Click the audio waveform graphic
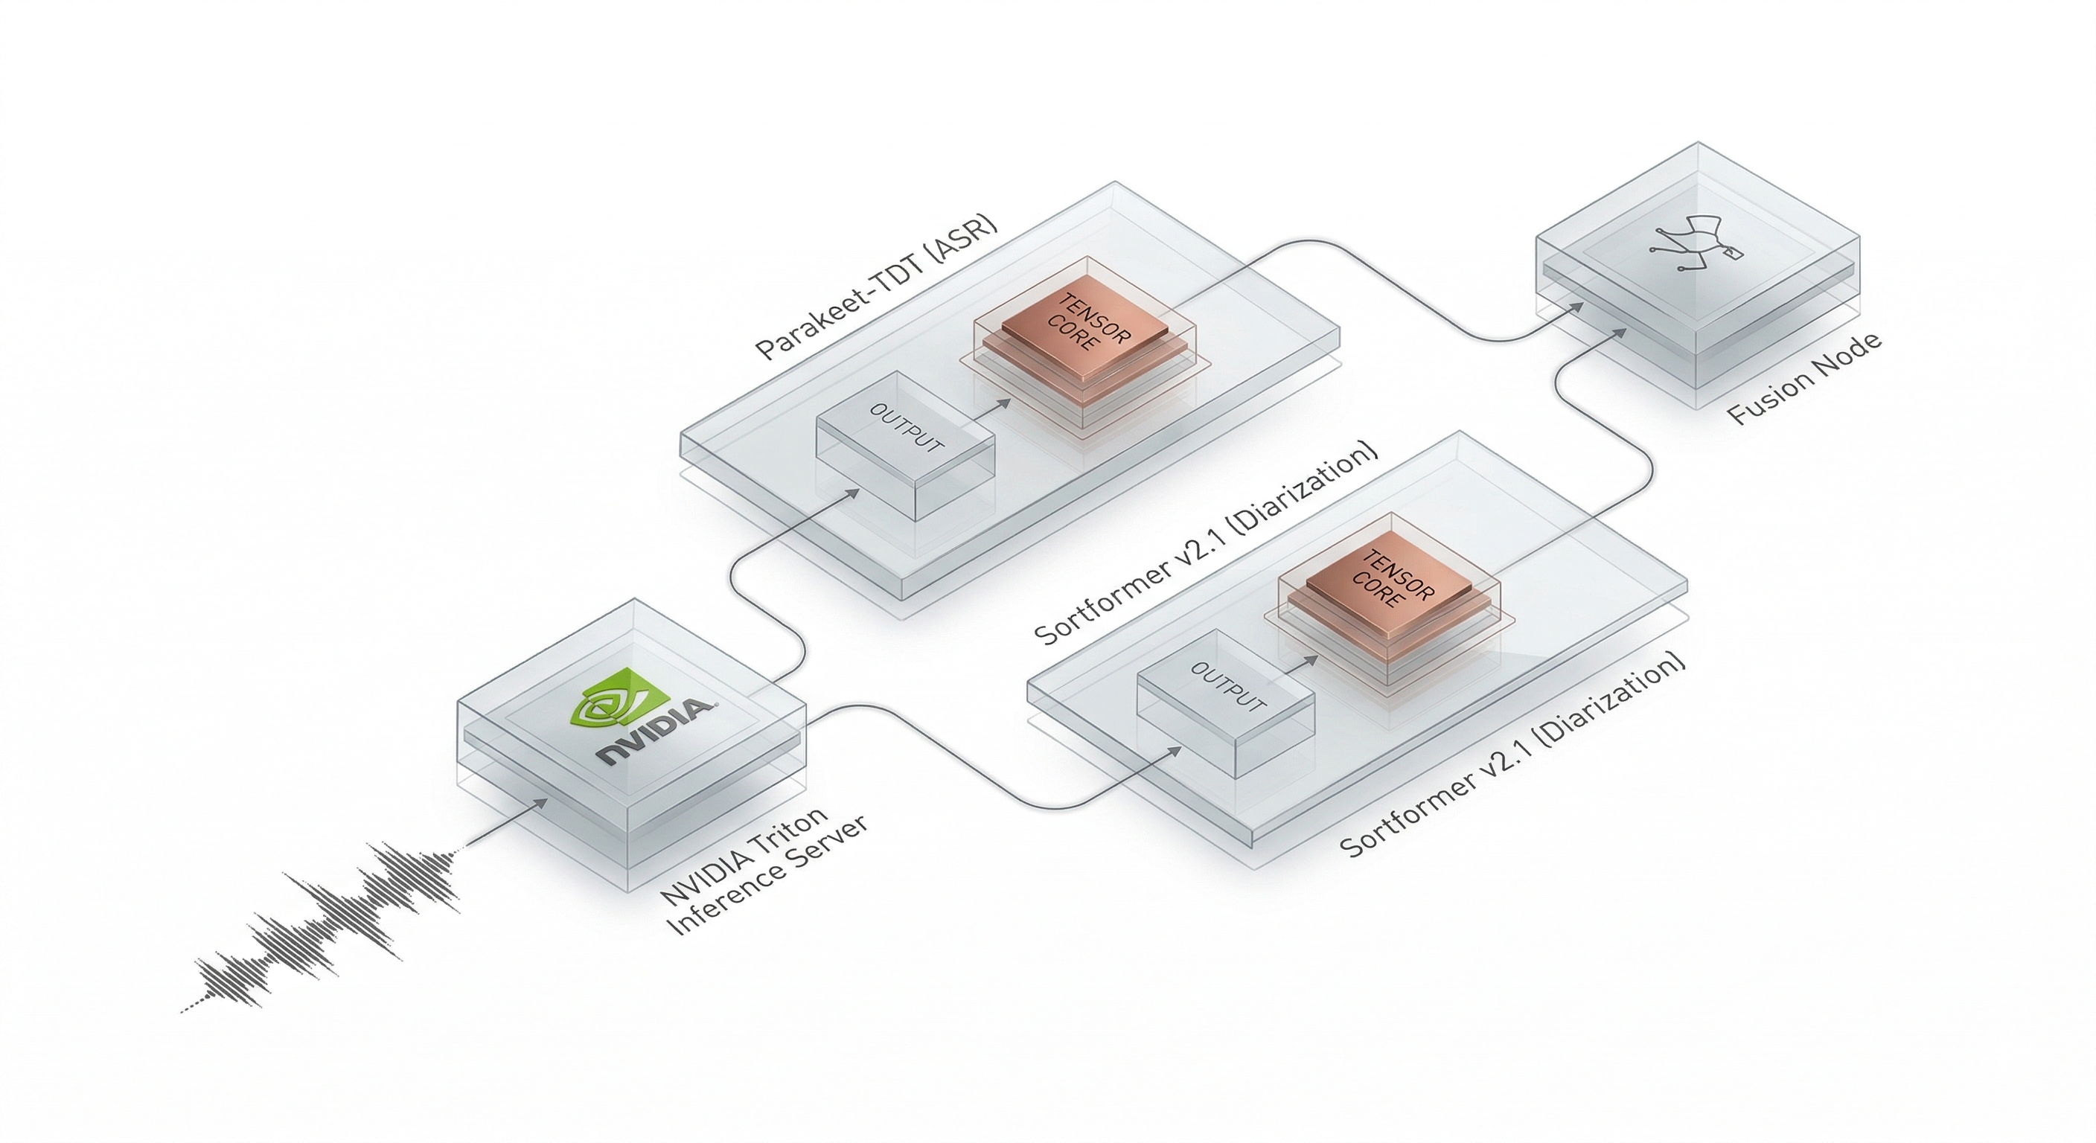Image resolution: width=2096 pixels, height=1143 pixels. (x=325, y=927)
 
